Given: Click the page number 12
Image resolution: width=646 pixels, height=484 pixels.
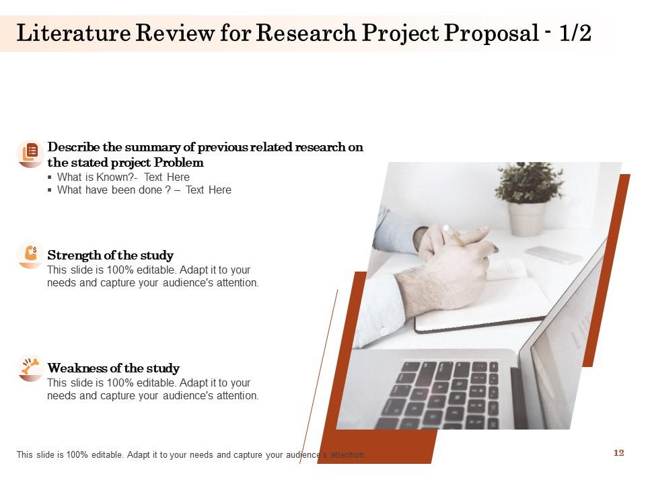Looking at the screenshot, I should [x=618, y=453].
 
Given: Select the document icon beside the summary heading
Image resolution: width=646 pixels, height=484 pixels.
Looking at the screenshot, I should [x=30, y=154].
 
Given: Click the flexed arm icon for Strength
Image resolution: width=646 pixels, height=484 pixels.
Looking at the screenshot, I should [x=30, y=254].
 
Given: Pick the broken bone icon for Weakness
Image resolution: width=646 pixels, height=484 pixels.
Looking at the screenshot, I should [x=30, y=367].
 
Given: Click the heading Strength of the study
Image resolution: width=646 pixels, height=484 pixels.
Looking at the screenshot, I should [x=110, y=255].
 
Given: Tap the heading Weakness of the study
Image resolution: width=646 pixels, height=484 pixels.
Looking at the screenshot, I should [x=113, y=368].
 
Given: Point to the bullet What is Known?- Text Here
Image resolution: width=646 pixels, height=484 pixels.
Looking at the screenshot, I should [x=123, y=177].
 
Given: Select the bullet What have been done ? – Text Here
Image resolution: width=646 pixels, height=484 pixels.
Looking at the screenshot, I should [x=144, y=190].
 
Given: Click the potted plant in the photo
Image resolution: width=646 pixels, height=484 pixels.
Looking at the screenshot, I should [x=529, y=183].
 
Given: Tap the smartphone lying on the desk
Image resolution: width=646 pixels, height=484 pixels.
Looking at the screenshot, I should [x=553, y=255].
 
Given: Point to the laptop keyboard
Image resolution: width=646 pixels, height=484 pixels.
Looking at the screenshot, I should [x=444, y=393].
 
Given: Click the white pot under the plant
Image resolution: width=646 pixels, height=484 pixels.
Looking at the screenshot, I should [x=527, y=218].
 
